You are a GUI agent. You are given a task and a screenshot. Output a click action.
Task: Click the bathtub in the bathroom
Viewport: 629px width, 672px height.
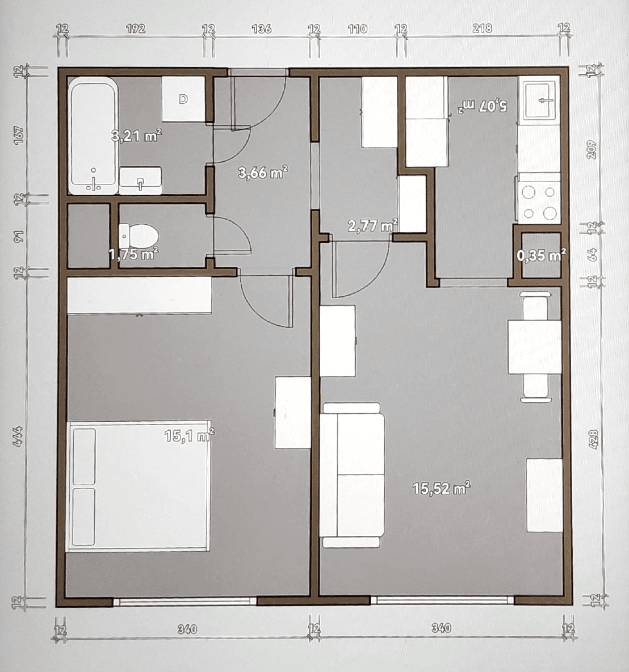(94, 136)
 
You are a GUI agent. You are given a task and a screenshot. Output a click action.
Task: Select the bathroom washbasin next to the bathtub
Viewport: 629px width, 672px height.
(140, 180)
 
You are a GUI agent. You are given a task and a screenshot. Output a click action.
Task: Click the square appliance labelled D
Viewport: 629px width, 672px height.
(183, 99)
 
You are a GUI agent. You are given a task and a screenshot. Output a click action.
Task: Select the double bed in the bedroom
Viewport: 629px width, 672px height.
(138, 486)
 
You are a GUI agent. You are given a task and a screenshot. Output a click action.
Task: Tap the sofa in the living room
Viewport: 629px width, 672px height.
(352, 474)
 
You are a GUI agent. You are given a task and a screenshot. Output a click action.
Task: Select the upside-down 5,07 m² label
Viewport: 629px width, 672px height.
(484, 106)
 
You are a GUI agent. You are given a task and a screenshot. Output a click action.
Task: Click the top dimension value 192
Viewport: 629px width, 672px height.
(136, 29)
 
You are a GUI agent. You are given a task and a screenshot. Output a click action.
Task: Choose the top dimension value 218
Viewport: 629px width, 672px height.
(483, 28)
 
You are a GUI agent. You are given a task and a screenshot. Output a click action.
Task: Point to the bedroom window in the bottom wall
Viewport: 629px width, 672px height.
(185, 602)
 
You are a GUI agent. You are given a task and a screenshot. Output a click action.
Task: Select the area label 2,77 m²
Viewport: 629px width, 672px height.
(372, 226)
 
